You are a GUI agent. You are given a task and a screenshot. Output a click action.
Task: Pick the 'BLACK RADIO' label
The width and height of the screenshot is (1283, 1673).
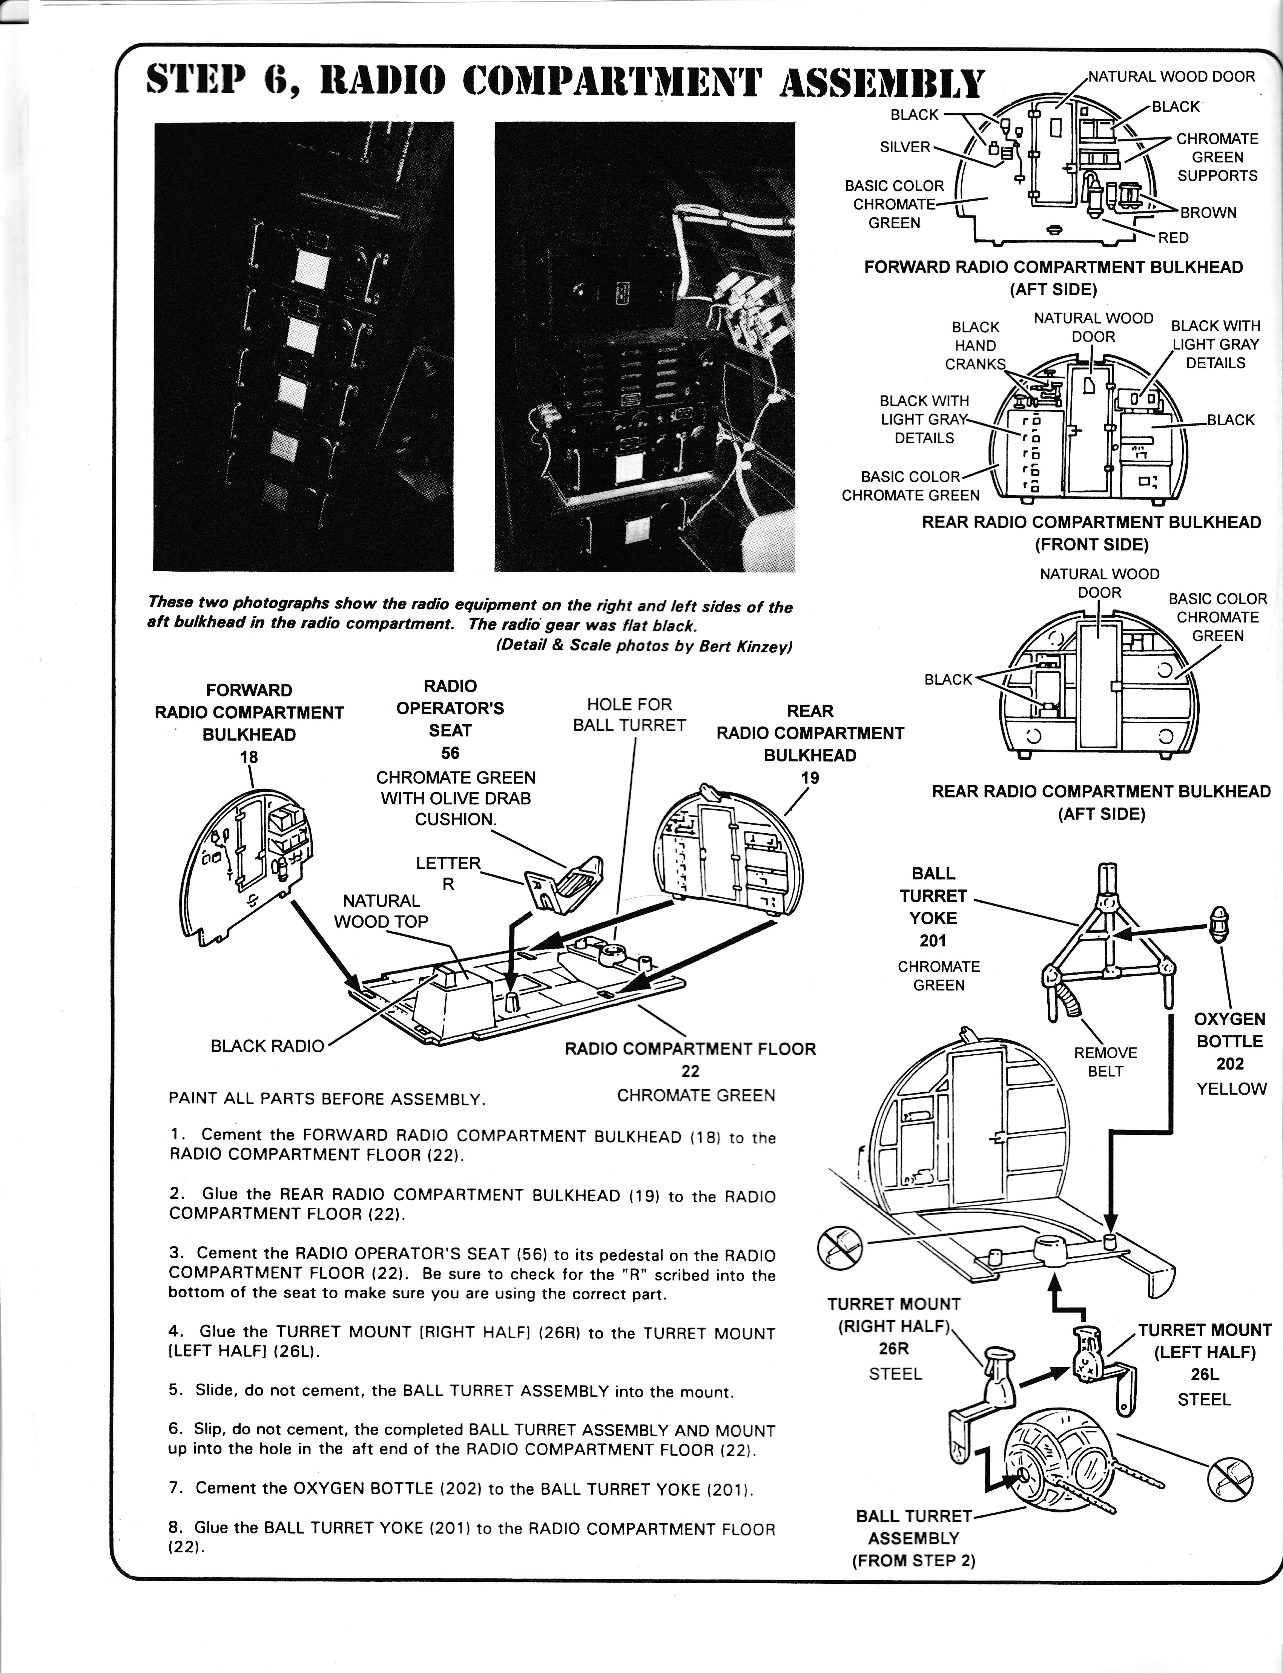[267, 1046]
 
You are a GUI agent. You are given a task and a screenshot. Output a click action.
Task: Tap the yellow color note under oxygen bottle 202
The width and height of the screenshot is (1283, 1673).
[1231, 1089]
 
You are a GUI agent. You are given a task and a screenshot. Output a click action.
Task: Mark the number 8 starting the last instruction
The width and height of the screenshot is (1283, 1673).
[174, 1527]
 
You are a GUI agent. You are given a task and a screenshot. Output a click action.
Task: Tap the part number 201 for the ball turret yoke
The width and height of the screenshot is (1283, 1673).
[933, 941]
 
